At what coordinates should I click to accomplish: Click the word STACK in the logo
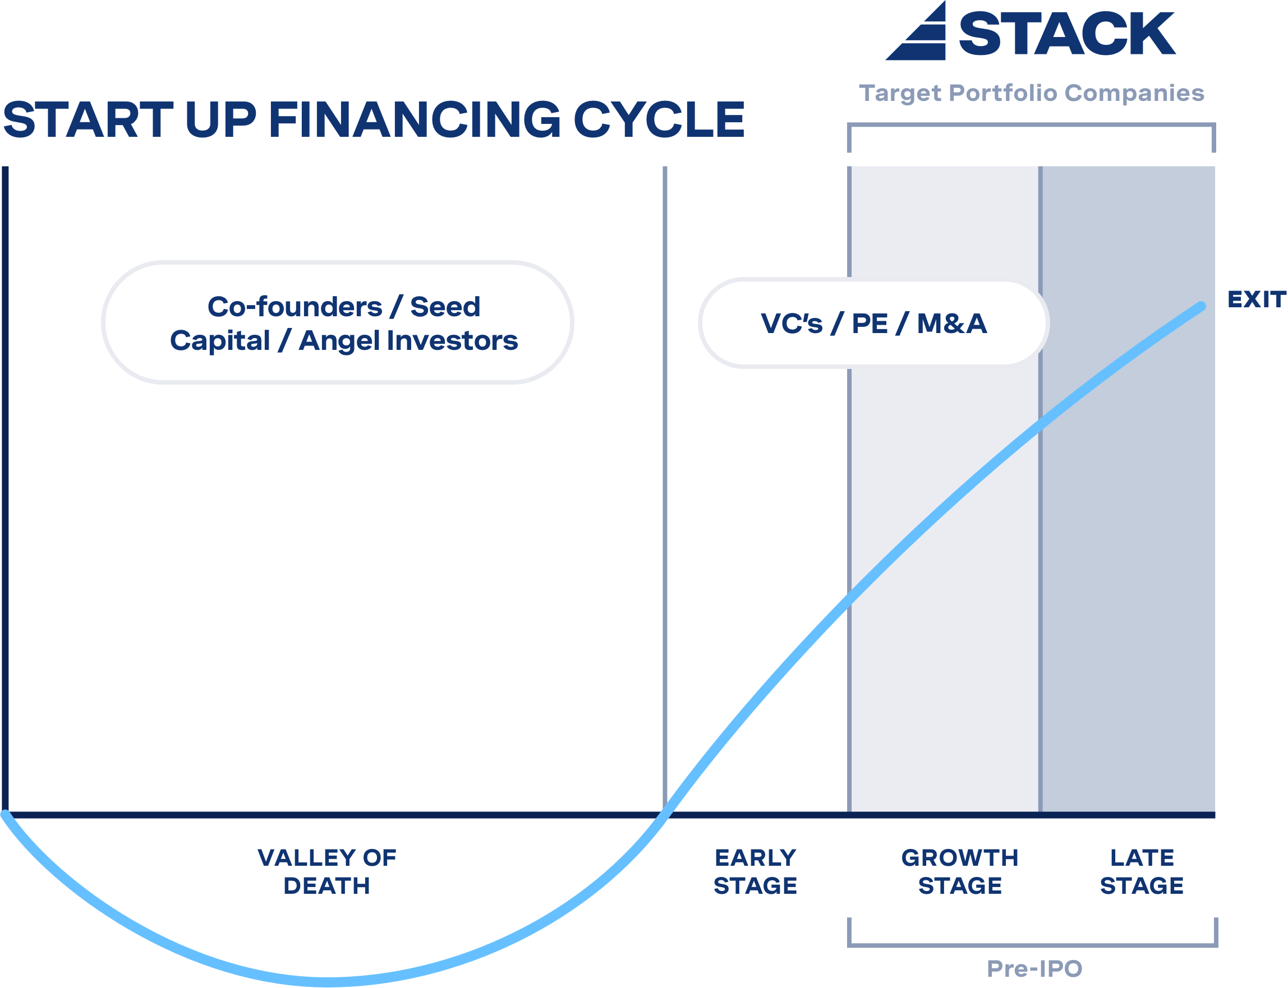[1066, 34]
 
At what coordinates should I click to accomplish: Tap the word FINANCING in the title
[414, 119]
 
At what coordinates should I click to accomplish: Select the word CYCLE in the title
[659, 119]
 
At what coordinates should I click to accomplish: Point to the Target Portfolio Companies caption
[1032, 93]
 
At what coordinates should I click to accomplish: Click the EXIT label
[1256, 299]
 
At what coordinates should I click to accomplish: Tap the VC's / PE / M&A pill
[874, 323]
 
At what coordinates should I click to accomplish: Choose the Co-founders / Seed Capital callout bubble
[338, 322]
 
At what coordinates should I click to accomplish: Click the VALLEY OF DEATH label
[327, 871]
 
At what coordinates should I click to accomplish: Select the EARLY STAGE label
[756, 871]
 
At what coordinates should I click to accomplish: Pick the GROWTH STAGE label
[960, 871]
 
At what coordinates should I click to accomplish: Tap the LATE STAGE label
[1142, 871]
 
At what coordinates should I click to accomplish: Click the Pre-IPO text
[1034, 968]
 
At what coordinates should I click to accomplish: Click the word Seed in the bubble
[445, 306]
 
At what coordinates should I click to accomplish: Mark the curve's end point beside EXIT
[1202, 306]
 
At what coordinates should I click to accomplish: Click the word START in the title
[88, 119]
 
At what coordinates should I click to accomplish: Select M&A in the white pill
[951, 323]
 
